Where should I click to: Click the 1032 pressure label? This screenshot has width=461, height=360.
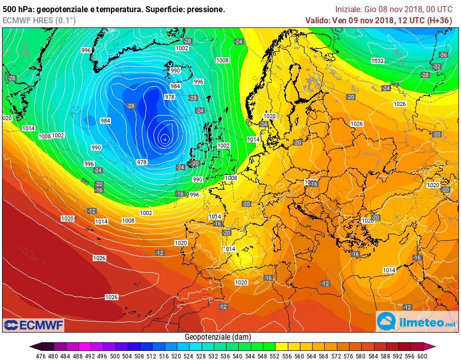[377, 61]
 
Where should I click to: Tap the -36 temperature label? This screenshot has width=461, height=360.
[443, 55]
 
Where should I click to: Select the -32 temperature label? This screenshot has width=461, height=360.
[437, 66]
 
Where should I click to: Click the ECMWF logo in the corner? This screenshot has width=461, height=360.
[33, 325]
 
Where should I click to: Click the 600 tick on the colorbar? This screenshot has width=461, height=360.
[421, 355]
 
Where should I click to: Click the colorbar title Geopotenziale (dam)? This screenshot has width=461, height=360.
[218, 337]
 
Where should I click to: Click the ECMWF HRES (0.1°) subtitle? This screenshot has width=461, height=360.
[39, 20]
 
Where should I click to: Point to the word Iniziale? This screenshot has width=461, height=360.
[349, 10]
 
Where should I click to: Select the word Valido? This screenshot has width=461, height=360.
[317, 20]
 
